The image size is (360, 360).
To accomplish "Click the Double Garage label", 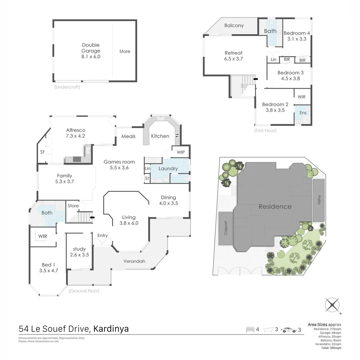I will tap(91, 48).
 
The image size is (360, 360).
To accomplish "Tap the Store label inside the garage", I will tap(125, 51).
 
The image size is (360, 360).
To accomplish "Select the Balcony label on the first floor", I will tap(234, 26).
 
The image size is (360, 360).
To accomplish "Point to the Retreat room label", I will tap(233, 53).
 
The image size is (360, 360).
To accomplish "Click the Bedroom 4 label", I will tap(297, 33).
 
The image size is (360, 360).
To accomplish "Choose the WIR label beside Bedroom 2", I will tap(301, 97).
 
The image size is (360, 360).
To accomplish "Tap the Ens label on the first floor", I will tap(303, 113).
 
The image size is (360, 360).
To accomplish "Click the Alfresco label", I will tap(76, 130).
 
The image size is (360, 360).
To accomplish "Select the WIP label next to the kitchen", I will tap(181, 152).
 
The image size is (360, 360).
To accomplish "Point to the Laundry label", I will tap(168, 169).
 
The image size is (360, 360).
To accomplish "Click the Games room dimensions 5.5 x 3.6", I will tap(119, 168).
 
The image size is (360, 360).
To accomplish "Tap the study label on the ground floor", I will tap(79, 249).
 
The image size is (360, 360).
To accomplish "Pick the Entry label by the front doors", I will tap(102, 236).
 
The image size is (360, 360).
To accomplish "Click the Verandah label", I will tap(134, 261).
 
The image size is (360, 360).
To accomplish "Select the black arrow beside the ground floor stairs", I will tap(92, 218).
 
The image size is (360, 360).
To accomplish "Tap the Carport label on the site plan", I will tap(226, 228).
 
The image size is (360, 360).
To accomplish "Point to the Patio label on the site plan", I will tap(319, 199).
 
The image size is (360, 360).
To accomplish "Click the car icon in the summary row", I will tap(289, 330).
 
